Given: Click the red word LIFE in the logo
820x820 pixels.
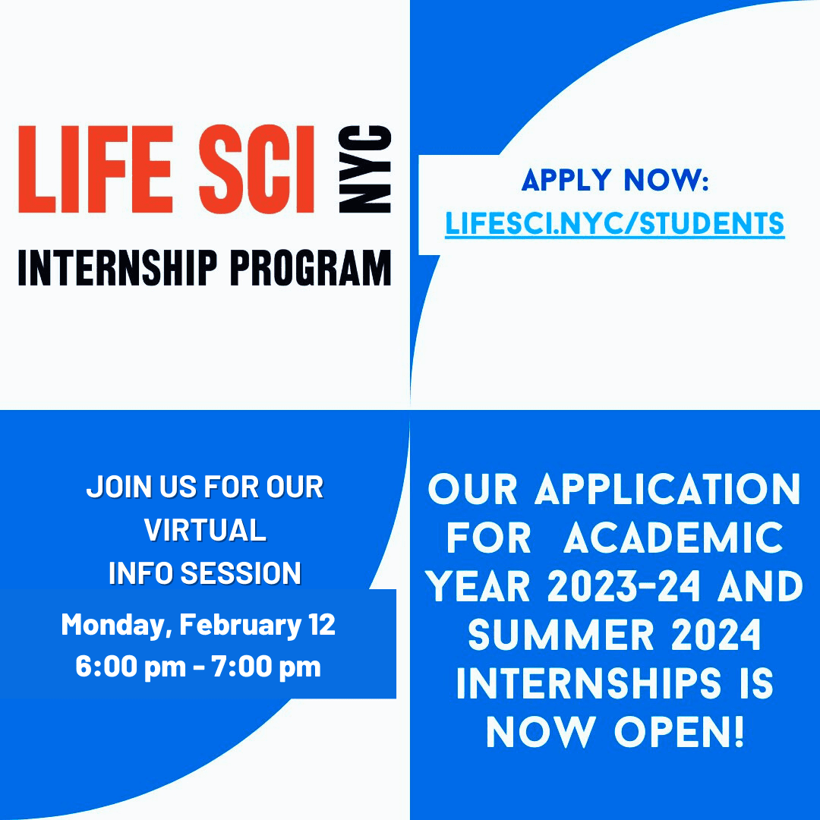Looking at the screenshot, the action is tap(96, 169).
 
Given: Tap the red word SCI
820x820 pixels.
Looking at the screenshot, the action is tap(257, 169).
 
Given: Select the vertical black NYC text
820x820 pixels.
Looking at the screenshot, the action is tap(365, 169).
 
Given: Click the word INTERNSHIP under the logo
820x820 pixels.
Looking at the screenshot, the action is tap(117, 268).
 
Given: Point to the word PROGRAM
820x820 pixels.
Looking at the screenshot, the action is tap(311, 268).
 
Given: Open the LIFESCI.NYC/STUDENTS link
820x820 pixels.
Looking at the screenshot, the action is tap(614, 224).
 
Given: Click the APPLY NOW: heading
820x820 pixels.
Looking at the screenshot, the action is tap(615, 180).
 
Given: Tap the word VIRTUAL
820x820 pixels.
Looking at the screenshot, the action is tap(205, 530).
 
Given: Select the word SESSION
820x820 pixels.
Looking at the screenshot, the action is tap(241, 573).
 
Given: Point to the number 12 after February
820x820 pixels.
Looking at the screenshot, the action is tap(322, 624).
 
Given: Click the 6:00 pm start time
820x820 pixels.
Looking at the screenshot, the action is tap(131, 667).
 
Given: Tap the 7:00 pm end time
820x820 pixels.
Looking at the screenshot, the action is tap(266, 667).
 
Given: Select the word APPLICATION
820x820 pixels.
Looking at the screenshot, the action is tap(667, 490).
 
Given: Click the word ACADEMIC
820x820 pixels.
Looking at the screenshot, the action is tap(673, 538).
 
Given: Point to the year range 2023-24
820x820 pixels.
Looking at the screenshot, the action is tap(624, 586).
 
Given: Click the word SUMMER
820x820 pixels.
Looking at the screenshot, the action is tap(561, 635).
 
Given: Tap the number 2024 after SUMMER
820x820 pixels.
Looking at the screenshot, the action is tap(716, 635).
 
